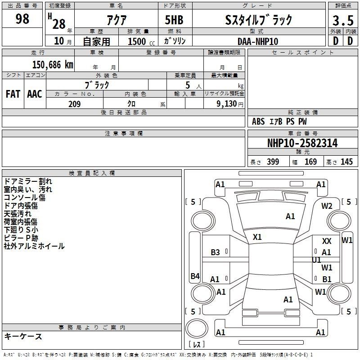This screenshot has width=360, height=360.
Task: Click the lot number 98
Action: pos(22,18)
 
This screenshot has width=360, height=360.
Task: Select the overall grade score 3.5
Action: pos(343,20)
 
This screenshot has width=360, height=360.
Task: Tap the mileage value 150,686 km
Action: pos(53,65)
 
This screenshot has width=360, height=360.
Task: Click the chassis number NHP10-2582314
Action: pos(302,143)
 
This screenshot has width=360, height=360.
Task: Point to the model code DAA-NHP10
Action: pos(258,41)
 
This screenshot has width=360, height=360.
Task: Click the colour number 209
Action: pos(74,104)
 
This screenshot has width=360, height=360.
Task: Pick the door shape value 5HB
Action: pos(174,20)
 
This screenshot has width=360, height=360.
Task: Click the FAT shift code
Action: pos(13,94)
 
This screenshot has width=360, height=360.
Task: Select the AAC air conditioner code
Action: pos(35,94)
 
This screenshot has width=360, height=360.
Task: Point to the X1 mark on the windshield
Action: pos(257,237)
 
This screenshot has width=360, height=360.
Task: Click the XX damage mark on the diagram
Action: pos(327,241)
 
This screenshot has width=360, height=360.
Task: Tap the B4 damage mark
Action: pos(195,276)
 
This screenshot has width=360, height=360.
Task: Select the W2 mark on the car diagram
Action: pos(327,206)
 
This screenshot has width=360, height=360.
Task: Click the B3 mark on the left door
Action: pos(216,252)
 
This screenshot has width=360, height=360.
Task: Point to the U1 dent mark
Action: pos(316,260)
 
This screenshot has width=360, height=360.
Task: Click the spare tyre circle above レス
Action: pos(197,328)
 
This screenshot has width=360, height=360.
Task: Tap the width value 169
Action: pos(310,162)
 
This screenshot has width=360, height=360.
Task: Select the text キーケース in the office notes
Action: pos(23,336)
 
